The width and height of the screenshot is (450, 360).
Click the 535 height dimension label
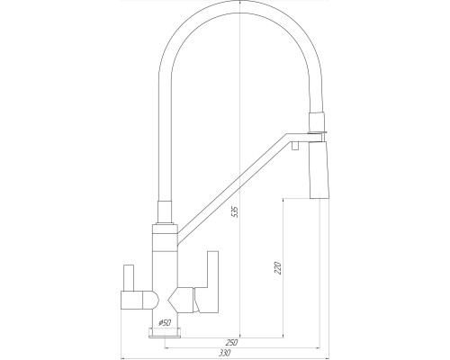(236, 211)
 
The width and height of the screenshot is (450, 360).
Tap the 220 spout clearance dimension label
(278, 268)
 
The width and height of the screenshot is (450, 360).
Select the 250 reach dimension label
(231, 342)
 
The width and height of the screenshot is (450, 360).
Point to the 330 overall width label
(225, 353)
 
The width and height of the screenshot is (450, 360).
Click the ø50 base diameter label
(165, 323)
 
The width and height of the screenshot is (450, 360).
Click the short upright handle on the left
(129, 278)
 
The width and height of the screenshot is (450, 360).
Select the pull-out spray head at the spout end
(319, 170)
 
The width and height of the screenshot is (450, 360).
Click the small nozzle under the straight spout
(295, 146)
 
